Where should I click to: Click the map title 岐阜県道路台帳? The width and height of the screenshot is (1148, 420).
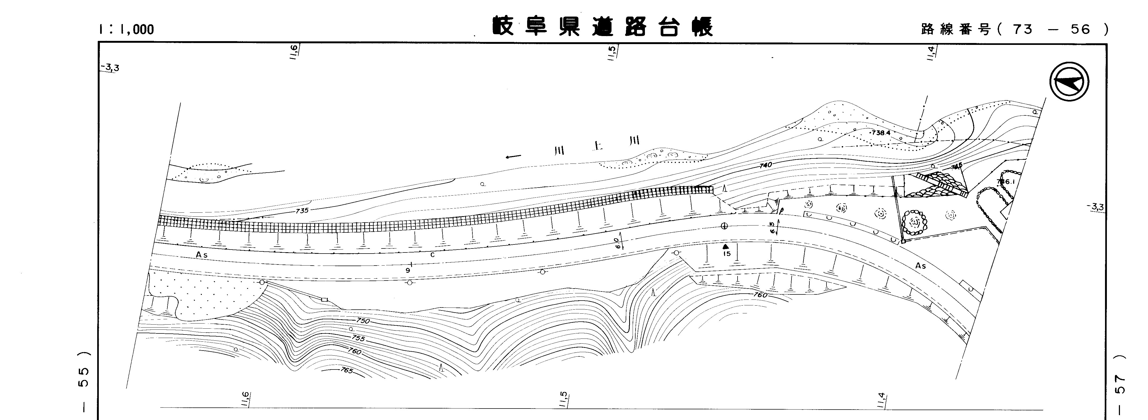tap(602, 27)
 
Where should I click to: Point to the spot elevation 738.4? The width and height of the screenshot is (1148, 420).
tap(877, 133)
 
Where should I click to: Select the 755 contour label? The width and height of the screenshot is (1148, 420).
tap(358, 339)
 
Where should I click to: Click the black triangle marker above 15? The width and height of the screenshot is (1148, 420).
tap(726, 246)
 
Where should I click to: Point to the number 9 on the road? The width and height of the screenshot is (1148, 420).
tap(408, 270)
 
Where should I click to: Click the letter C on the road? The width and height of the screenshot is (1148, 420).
tap(432, 255)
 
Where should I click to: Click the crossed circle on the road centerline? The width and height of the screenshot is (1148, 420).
tap(724, 226)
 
